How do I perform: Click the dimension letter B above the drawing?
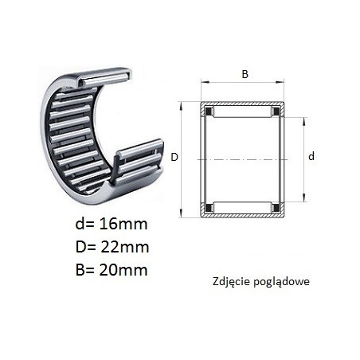(x=245, y=74)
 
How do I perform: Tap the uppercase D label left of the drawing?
(x=174, y=157)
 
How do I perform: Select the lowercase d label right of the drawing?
(x=311, y=156)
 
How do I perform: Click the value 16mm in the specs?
(x=123, y=224)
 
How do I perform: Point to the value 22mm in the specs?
(x=125, y=247)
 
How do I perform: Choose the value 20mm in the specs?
(x=123, y=270)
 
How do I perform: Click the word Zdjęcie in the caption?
(x=231, y=282)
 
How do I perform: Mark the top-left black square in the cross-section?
(x=209, y=111)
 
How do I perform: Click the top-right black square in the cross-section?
(x=276, y=111)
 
